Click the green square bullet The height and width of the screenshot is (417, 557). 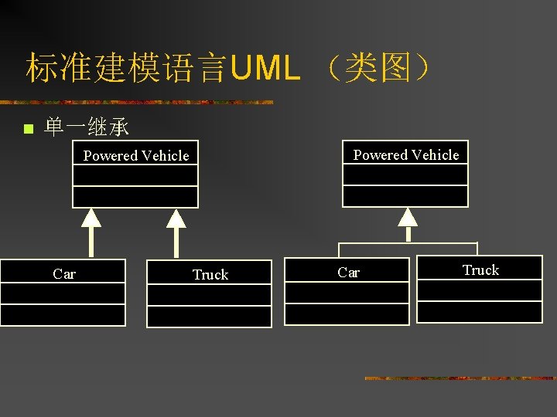tap(29, 128)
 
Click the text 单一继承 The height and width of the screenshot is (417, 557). tap(86, 127)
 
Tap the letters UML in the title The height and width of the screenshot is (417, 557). tap(265, 67)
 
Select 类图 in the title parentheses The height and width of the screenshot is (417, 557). tap(378, 67)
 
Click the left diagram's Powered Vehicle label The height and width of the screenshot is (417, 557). tap(136, 155)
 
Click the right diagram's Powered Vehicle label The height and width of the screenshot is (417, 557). tap(406, 154)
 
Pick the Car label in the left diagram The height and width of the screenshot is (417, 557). tap(64, 273)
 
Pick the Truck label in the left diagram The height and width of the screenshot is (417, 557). tap(210, 274)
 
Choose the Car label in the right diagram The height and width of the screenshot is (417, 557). tap(348, 273)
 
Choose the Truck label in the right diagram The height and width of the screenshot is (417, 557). tap(480, 270)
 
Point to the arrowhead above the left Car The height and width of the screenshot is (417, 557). tap(91, 218)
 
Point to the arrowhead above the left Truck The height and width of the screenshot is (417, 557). tap(176, 219)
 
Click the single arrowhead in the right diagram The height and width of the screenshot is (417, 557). tap(408, 217)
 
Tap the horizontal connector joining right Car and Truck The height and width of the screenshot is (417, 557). tap(408, 243)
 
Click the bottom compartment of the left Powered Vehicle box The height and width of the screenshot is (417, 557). tap(135, 197)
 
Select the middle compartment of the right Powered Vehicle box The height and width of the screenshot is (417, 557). tap(405, 175)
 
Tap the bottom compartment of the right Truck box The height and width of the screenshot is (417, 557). tap(480, 312)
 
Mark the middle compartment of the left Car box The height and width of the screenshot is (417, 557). tap(63, 293)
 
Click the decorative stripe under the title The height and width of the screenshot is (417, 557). tap(137, 103)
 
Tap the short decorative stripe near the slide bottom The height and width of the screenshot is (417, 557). tap(461, 378)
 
